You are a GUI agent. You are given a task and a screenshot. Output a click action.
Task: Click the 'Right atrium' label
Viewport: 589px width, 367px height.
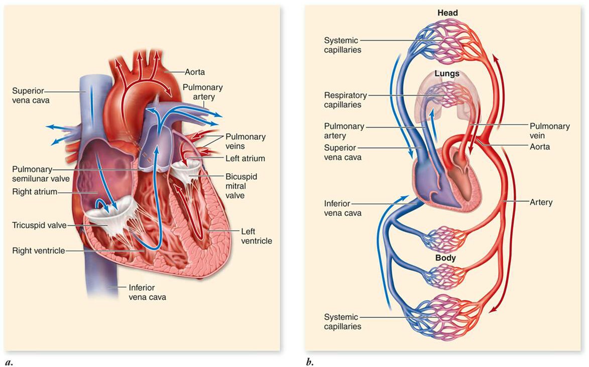pos(35,191)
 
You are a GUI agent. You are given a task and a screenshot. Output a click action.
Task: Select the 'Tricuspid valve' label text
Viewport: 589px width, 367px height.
pos(40,225)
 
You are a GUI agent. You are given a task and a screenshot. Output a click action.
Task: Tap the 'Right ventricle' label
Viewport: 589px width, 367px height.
pos(39,250)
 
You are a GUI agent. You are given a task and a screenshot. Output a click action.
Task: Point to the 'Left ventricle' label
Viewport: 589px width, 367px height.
pos(257,236)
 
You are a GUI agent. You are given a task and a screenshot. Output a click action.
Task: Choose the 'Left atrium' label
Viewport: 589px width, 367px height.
pos(246,159)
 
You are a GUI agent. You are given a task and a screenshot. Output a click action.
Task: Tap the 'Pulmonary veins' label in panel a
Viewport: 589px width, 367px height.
pos(246,141)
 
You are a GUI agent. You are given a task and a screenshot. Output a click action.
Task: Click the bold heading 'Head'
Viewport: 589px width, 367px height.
pos(447,13)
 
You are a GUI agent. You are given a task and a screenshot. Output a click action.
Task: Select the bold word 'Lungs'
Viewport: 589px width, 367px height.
pos(446,73)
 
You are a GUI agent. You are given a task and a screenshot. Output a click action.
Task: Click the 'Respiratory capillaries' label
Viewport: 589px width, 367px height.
pos(345,100)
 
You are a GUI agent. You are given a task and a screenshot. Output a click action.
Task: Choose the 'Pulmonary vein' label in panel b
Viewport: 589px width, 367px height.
pos(550,131)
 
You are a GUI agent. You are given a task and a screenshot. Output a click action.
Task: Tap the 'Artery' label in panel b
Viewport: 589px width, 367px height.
pos(541,202)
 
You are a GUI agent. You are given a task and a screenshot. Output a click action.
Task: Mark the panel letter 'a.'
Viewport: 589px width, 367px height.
pos(9,361)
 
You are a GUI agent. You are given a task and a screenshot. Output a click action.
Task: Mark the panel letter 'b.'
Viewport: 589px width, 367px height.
pos(309,361)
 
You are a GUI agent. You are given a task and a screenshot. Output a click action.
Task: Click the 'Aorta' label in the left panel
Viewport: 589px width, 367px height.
pos(195,72)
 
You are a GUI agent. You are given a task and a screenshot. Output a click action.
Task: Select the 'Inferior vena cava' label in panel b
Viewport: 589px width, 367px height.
pos(343,208)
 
